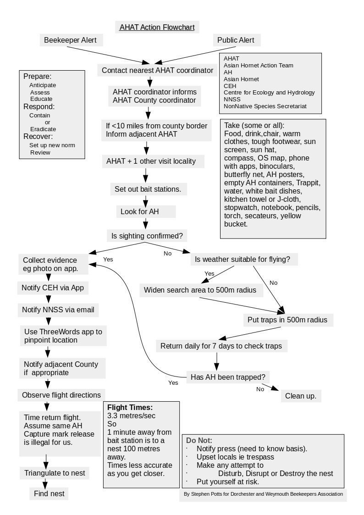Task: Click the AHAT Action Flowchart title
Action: tap(157, 27)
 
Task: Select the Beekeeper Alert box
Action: tap(70, 40)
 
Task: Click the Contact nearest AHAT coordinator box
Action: tap(157, 71)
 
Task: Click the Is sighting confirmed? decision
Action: tap(147, 236)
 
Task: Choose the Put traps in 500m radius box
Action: tap(288, 320)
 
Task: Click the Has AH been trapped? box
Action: tap(227, 377)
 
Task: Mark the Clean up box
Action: tap(301, 396)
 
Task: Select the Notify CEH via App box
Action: tap(53, 288)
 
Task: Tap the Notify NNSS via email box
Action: tap(58, 310)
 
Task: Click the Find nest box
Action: tap(50, 494)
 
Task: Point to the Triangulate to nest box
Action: tap(55, 473)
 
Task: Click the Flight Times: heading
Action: tap(130, 407)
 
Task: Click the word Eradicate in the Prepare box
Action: tap(44, 129)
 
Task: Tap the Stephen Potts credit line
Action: tap(263, 494)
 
